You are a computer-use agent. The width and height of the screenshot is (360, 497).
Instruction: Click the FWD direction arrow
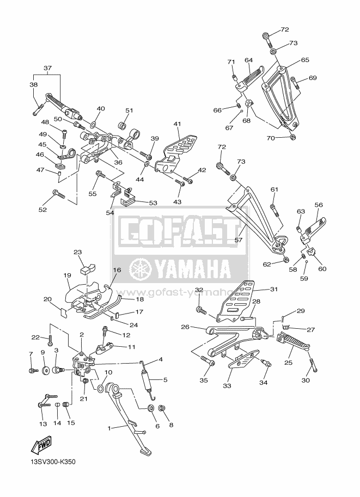pyautogui.click(x=41, y=445)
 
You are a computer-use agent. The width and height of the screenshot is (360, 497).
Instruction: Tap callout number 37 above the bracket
pyautogui.click(x=47, y=68)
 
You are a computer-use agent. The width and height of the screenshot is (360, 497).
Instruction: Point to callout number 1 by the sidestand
pyautogui.click(x=109, y=428)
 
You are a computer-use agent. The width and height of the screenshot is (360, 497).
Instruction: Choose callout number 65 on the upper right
pyautogui.click(x=305, y=60)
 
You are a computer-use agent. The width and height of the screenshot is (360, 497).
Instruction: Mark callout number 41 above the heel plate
pyautogui.click(x=177, y=124)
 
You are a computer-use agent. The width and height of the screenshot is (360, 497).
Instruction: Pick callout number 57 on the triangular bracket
pyautogui.click(x=238, y=240)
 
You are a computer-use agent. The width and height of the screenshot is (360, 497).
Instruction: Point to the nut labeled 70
pyautogui.click(x=294, y=137)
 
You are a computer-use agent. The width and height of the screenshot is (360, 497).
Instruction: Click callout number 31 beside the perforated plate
pyautogui.click(x=273, y=289)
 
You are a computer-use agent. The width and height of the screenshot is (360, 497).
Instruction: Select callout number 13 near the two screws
pyautogui.click(x=43, y=424)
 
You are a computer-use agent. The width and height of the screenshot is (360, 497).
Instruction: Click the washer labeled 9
pyautogui.click(x=44, y=370)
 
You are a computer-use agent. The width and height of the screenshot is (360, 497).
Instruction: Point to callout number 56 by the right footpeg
pyautogui.click(x=319, y=205)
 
